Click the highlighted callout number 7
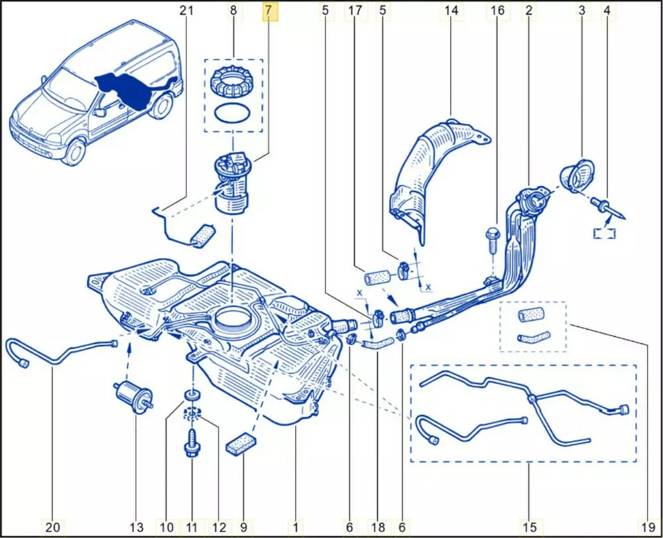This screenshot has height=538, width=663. (x=269, y=11)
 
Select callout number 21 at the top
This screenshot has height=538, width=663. (x=186, y=11)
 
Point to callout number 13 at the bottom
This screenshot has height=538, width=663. (x=137, y=527)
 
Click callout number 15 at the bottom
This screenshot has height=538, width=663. (x=529, y=527)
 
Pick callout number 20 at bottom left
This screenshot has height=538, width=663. (x=52, y=527)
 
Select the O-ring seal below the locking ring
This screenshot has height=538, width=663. (x=233, y=113)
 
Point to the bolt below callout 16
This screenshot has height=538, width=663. (x=491, y=240)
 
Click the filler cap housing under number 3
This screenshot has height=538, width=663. (x=577, y=175)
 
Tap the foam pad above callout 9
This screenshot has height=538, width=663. (x=241, y=444)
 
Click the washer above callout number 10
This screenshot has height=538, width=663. (x=192, y=397)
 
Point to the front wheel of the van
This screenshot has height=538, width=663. (x=75, y=151)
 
